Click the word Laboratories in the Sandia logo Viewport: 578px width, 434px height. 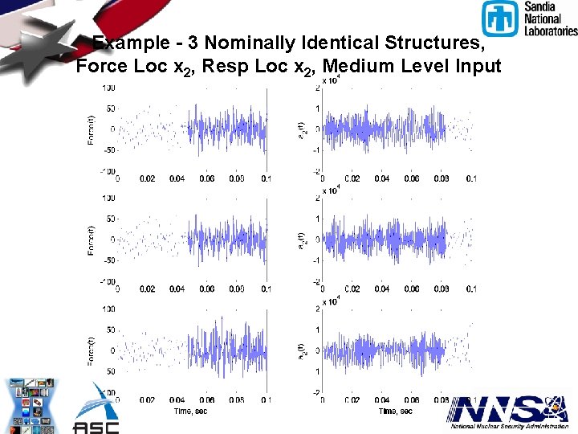551,31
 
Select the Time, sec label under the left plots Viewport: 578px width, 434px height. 192,411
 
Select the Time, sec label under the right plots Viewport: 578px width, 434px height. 396,411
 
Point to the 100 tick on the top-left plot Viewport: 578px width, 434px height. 107,87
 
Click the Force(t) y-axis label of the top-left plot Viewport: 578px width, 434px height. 90,129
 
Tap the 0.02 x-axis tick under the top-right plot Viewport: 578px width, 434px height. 352,178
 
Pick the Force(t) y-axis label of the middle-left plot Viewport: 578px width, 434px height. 90,240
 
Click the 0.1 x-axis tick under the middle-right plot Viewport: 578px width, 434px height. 471,289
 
